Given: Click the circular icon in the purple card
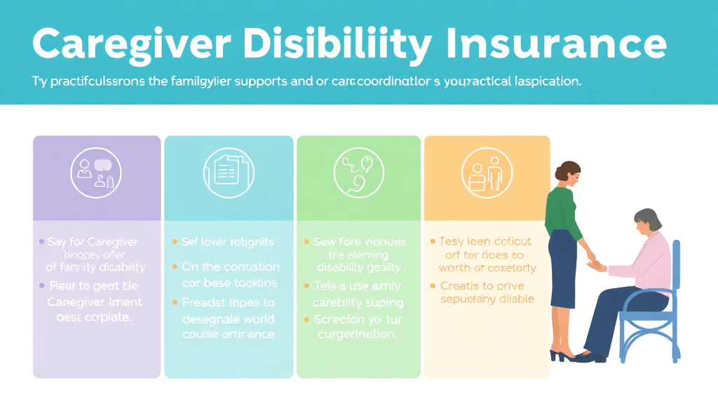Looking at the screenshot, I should (96, 173).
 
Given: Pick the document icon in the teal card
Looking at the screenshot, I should (228, 173).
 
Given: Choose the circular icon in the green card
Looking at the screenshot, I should (359, 173).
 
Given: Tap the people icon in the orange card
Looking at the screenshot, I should (486, 173).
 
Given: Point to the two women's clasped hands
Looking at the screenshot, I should (596, 264).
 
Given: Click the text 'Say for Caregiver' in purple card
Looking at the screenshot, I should (93, 242).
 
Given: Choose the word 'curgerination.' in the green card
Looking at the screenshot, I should (358, 335).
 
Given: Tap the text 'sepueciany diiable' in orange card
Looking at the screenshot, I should (487, 299).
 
